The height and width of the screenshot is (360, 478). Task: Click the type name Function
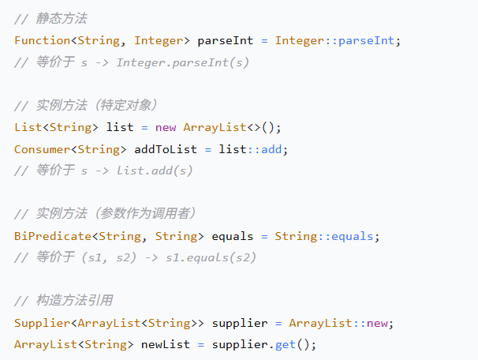pos(42,40)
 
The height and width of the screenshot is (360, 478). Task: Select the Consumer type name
pos(42,148)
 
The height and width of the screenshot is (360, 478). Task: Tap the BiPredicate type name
pos(49,235)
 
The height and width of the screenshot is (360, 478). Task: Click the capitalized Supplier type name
pos(42,322)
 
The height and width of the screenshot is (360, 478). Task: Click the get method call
pos(286,344)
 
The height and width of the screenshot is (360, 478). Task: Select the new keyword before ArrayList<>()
pos(166,127)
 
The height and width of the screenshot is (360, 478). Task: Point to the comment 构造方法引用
pos(74,301)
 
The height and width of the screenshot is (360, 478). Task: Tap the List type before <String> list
pos(28,127)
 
